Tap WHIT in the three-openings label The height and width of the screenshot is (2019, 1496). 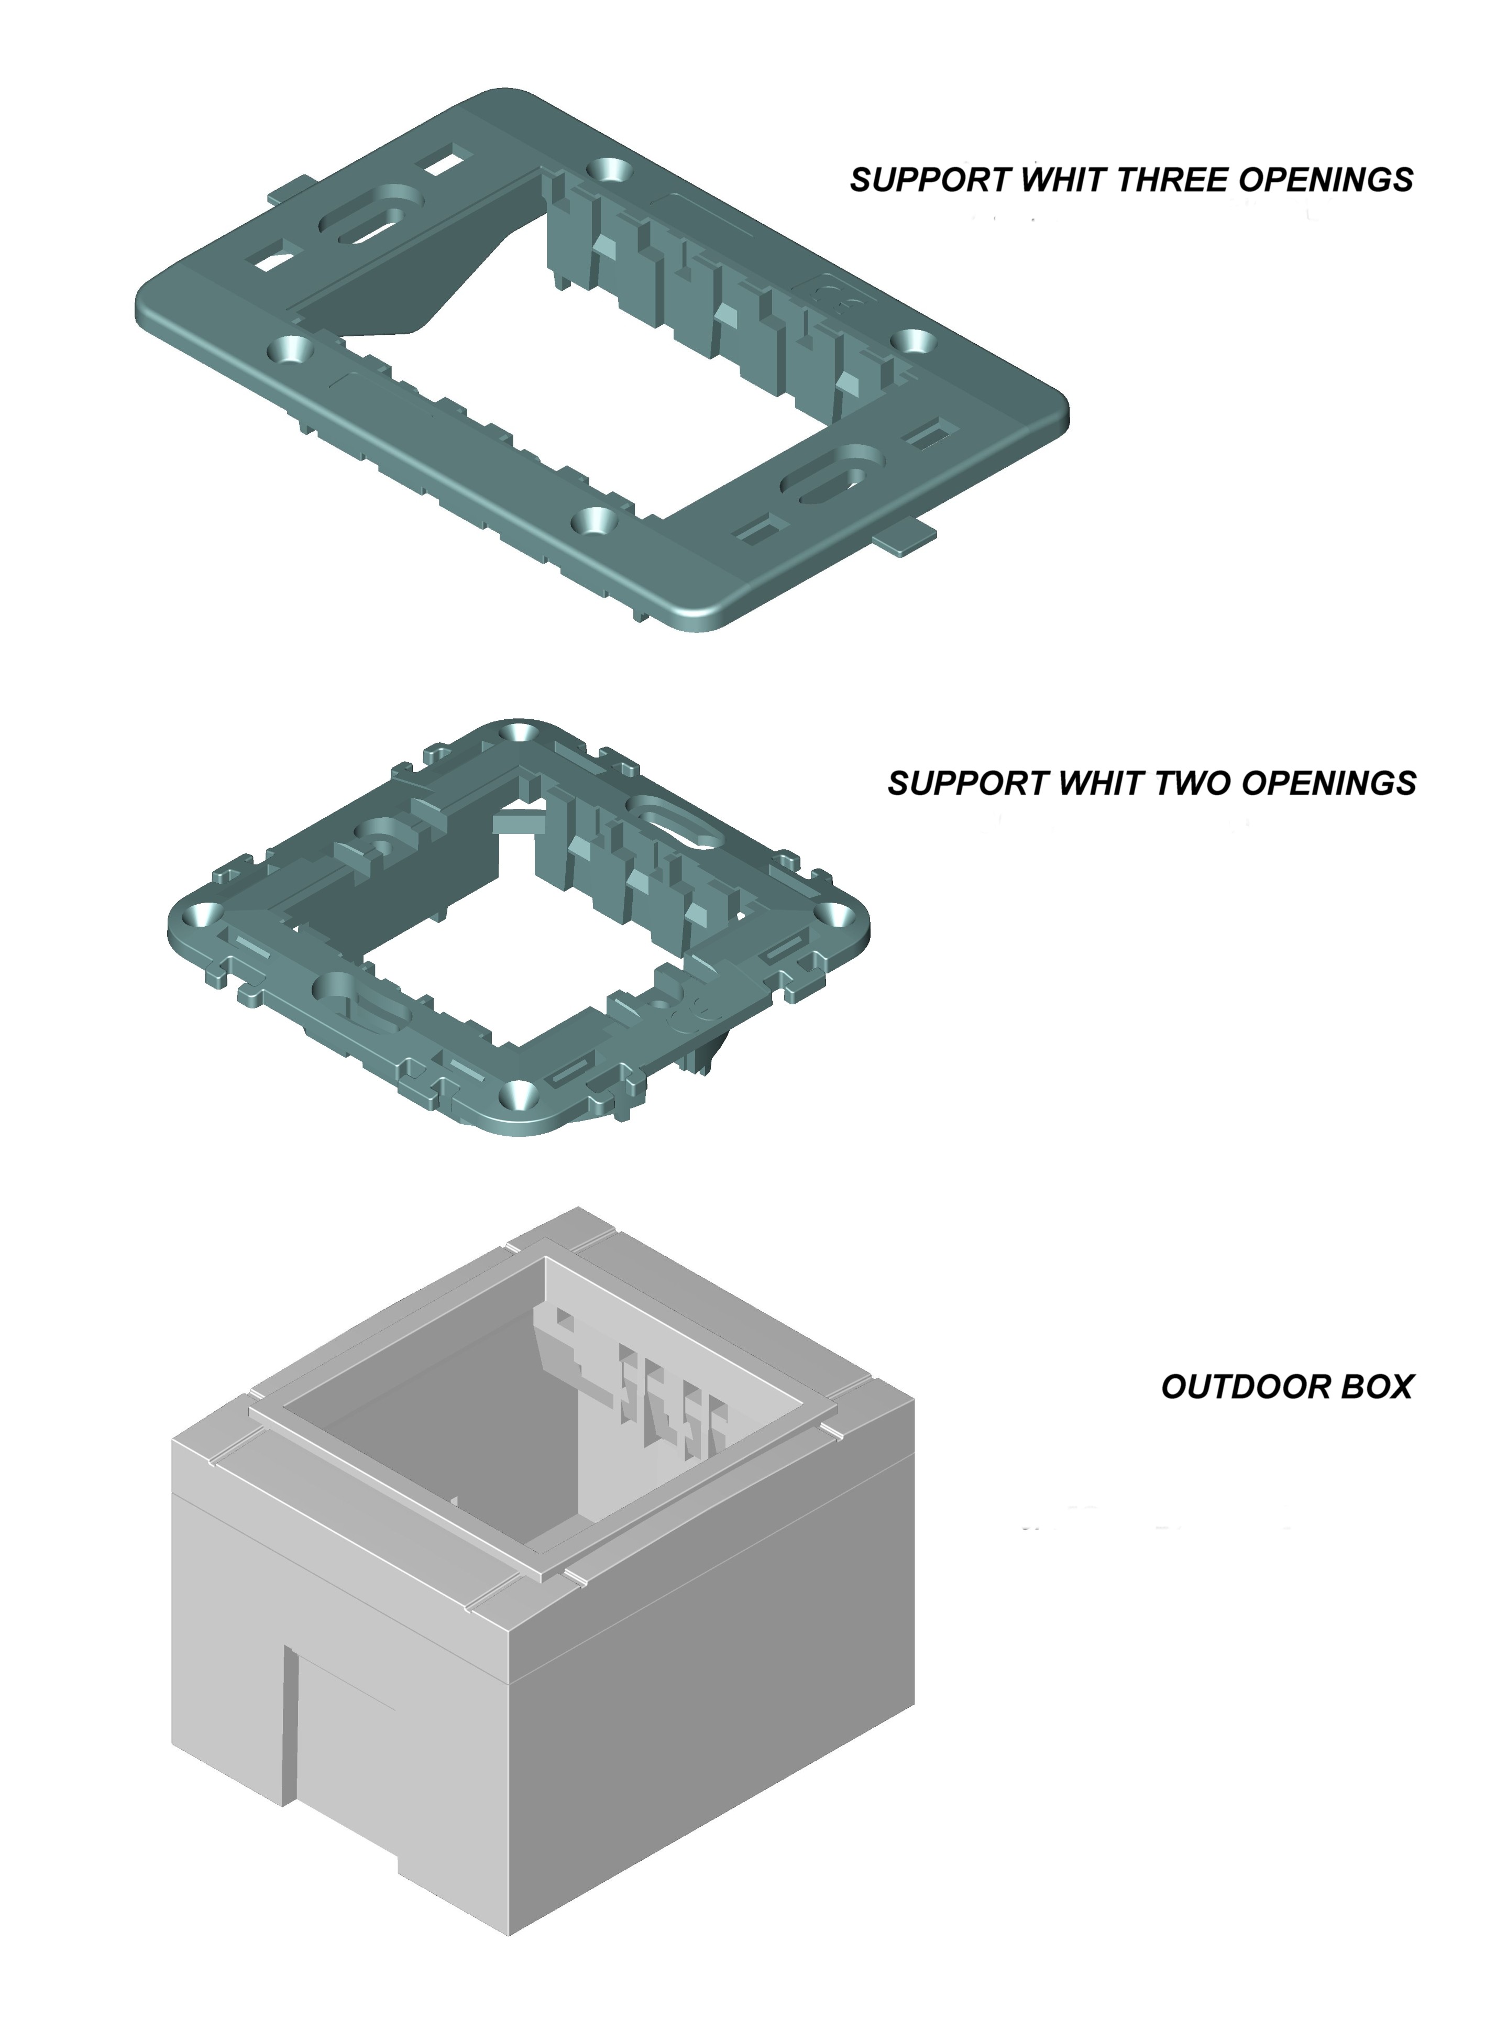[1064, 180]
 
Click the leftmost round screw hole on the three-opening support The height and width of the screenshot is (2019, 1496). [290, 348]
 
